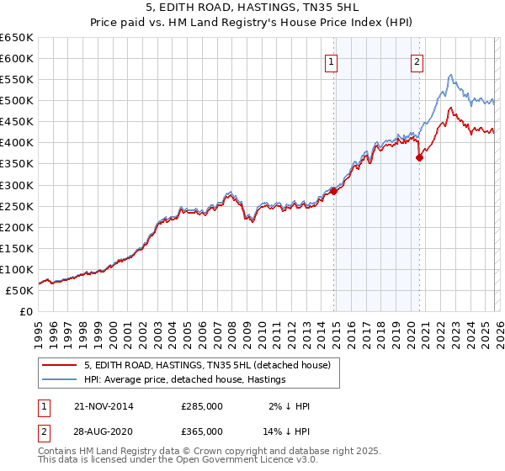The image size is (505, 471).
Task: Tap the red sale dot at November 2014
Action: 333,191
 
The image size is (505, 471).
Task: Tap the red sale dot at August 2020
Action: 419,157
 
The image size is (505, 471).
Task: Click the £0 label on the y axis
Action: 26,311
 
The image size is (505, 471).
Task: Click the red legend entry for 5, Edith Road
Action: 210,365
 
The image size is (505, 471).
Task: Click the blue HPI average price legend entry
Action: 184,379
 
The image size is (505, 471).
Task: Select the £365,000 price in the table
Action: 202,431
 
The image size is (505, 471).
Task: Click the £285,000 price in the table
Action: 202,406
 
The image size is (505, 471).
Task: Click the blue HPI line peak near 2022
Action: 451,75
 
